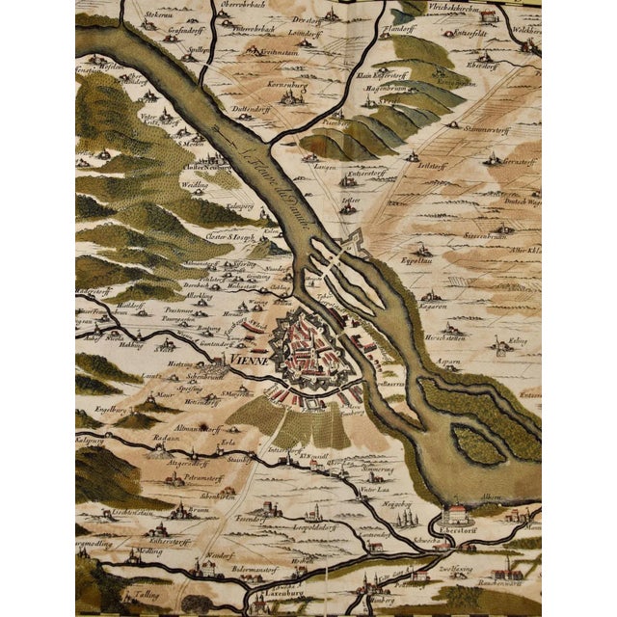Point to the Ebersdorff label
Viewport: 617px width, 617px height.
[x=457, y=528]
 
